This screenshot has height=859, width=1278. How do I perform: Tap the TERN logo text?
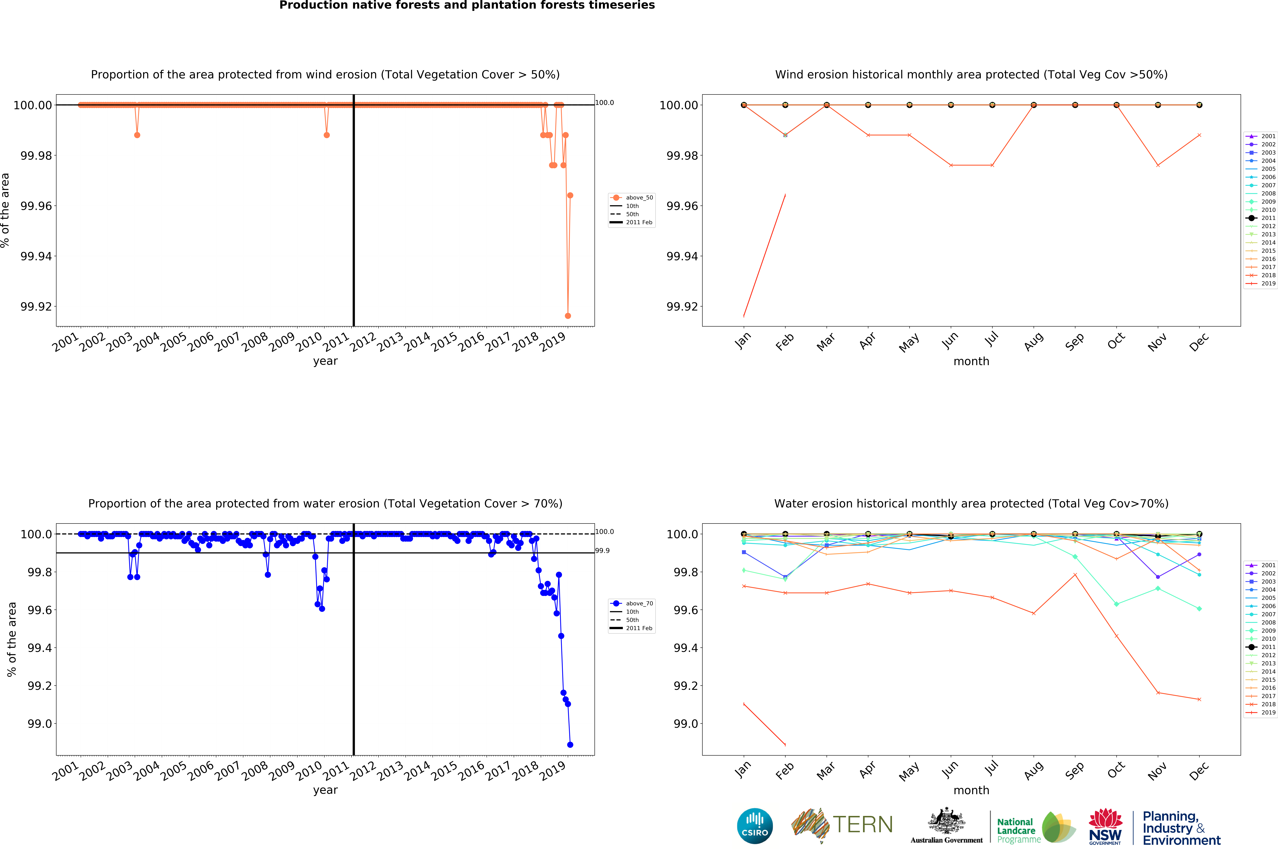pos(862,824)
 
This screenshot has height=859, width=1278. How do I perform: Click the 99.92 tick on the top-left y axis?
pos(36,307)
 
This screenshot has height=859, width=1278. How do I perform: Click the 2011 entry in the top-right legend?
pos(1261,218)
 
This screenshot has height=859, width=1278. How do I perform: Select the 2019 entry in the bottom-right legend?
pos(1261,713)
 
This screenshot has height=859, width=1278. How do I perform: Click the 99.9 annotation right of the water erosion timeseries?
pos(602,551)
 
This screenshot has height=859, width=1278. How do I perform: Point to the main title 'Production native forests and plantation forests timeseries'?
pos(467,6)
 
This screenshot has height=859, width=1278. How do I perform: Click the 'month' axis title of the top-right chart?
pos(971,362)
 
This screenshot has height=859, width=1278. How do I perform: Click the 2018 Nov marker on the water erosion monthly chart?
pos(1158,693)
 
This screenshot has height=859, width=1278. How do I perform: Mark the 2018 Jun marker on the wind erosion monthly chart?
pos(951,165)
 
